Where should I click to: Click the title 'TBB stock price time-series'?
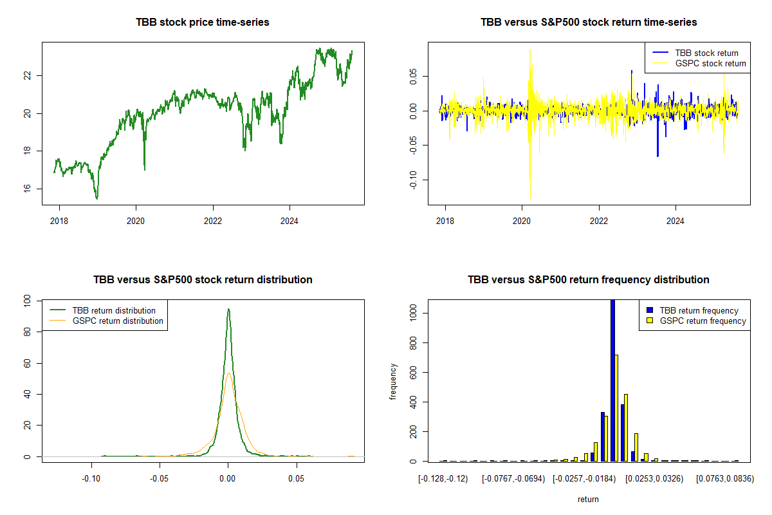pos(202,22)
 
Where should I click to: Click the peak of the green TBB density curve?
pos(228,310)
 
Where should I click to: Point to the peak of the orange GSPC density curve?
pos(228,373)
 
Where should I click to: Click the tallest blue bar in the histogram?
pos(612,380)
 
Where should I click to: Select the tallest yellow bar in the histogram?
pos(616,408)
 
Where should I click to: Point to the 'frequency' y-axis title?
pos(393,382)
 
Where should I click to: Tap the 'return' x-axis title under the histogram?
pos(588,499)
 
